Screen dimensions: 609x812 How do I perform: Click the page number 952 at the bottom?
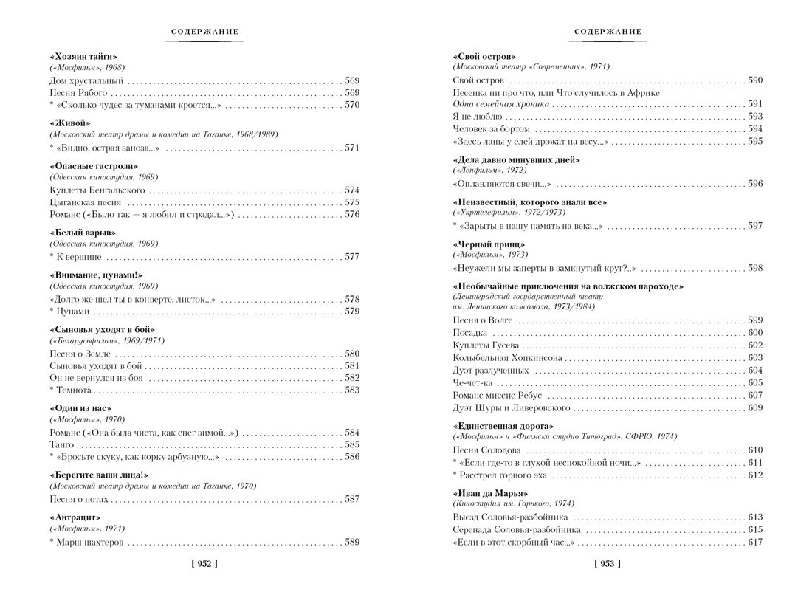point(204,564)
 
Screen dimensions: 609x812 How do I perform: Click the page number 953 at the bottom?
point(607,564)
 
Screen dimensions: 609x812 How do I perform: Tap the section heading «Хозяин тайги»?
point(83,57)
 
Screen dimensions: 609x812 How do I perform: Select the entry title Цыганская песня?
point(86,202)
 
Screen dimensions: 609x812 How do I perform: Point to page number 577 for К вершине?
point(352,257)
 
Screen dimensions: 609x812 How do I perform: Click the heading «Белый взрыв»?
point(83,233)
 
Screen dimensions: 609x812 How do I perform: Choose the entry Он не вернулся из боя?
point(96,378)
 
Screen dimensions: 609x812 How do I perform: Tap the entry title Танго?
point(62,444)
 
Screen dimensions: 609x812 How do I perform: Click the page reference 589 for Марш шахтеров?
point(352,542)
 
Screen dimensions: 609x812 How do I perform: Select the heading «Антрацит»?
point(75,517)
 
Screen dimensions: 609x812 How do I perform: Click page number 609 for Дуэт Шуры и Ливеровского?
point(755,408)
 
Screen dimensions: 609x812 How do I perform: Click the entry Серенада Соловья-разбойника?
point(516,530)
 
